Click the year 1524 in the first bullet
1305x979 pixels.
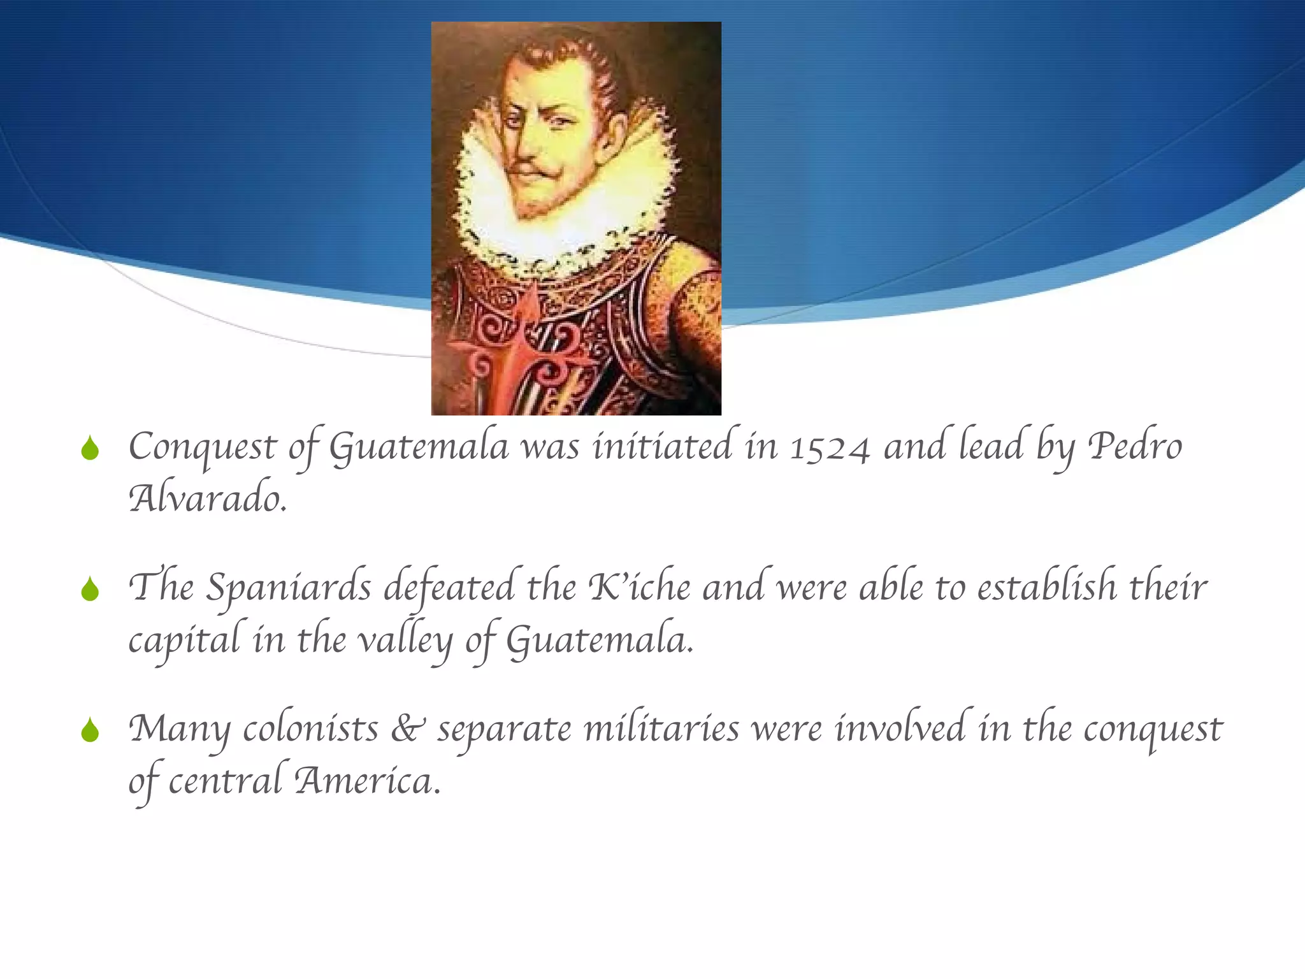click(830, 448)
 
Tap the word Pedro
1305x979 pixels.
click(1135, 446)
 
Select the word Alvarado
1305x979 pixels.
click(208, 498)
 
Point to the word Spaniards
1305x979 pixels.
click(289, 588)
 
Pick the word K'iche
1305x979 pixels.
click(638, 587)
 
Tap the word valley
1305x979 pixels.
click(405, 641)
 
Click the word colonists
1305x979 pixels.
click(310, 729)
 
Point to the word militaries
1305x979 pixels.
click(661, 729)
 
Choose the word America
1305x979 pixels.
click(367, 781)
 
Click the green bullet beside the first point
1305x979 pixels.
click(90, 449)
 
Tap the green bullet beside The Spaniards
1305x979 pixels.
click(90, 590)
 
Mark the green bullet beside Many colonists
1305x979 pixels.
click(90, 730)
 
